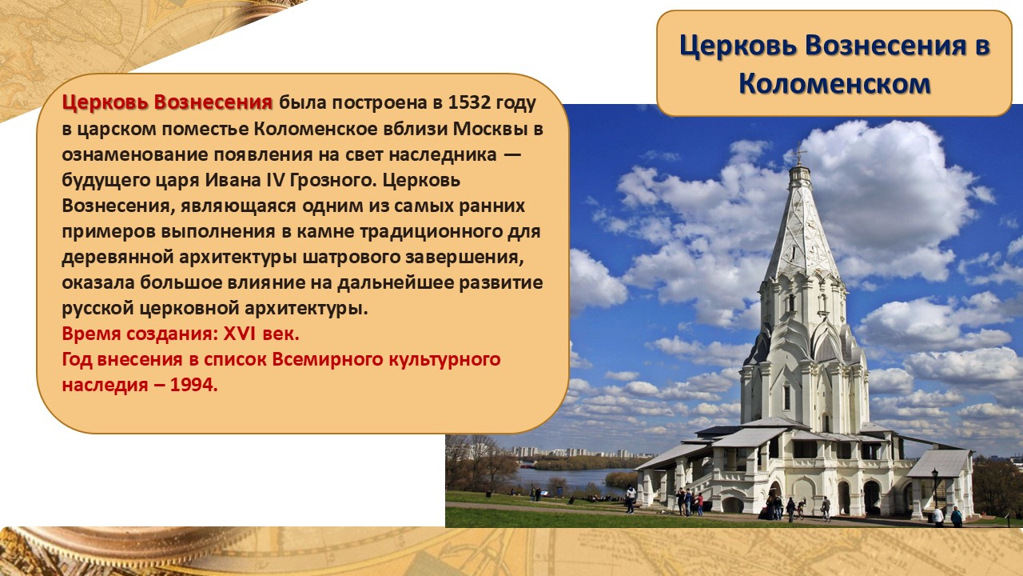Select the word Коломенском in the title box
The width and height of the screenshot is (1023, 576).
[x=834, y=83]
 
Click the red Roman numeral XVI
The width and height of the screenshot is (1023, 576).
[x=239, y=334]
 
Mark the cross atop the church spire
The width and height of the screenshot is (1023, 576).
[x=798, y=153]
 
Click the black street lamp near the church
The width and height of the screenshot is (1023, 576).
[x=934, y=488]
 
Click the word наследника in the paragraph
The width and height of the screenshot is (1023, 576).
[x=443, y=154]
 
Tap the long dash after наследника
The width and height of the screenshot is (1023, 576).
[x=512, y=155]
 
